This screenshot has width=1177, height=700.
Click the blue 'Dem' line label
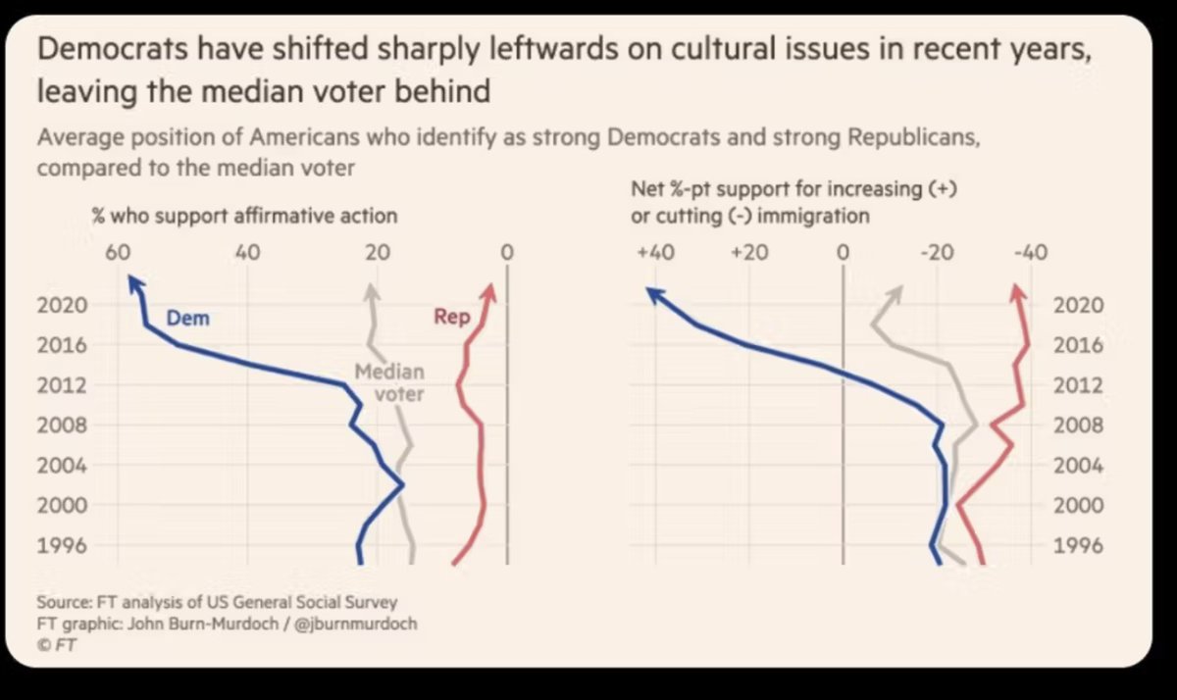click(187, 319)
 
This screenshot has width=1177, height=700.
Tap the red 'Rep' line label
click(451, 318)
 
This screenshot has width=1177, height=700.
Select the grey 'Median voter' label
click(389, 383)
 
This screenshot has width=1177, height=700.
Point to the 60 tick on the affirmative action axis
click(118, 252)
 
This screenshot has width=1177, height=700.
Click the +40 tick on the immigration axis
click(654, 252)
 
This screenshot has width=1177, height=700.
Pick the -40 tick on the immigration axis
click(1029, 252)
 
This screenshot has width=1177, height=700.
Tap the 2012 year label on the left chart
click(64, 385)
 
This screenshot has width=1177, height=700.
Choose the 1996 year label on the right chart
click(1078, 545)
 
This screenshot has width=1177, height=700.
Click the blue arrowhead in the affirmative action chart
click(135, 284)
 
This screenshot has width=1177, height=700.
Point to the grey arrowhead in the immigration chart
click(896, 292)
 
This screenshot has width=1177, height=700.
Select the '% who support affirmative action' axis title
click(244, 216)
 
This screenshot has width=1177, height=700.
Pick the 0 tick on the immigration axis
click(843, 252)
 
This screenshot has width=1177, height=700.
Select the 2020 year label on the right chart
click(1078, 305)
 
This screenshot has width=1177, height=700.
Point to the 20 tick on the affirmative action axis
click(377, 252)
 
